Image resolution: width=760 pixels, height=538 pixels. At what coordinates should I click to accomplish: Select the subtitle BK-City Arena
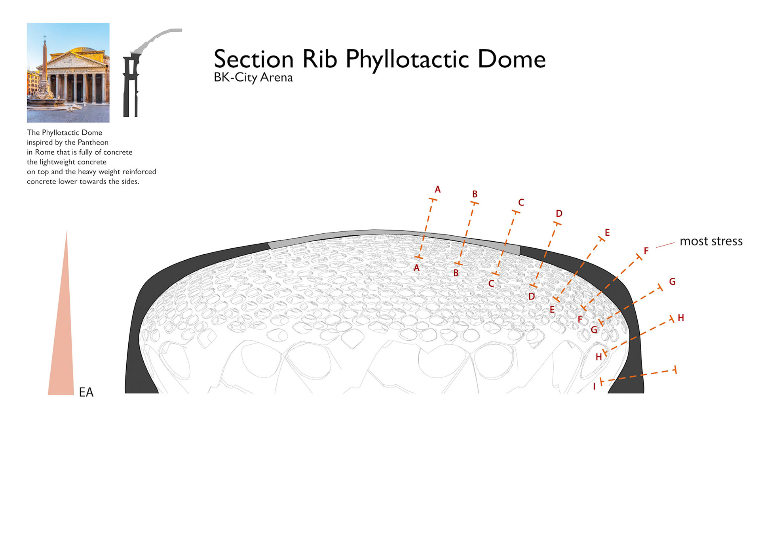click(x=253, y=77)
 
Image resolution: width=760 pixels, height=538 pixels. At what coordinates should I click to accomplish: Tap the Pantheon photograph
click(x=68, y=72)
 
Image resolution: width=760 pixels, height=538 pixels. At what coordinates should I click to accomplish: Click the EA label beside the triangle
click(x=86, y=392)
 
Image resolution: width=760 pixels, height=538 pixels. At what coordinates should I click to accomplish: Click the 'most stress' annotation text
click(x=711, y=241)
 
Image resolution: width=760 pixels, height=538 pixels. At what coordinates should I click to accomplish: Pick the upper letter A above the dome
click(x=437, y=189)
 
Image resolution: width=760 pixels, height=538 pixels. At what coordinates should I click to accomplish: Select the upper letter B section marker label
click(x=475, y=194)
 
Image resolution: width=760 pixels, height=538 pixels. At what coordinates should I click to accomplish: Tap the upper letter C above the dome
click(x=521, y=202)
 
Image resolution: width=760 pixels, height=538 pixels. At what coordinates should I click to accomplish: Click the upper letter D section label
click(x=559, y=214)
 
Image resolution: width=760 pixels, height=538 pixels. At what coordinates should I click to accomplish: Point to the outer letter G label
click(x=672, y=282)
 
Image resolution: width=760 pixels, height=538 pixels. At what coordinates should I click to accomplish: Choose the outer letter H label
click(x=681, y=318)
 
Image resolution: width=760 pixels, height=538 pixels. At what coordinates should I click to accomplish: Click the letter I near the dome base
click(x=594, y=387)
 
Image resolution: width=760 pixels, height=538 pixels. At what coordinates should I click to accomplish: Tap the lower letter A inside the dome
click(x=416, y=268)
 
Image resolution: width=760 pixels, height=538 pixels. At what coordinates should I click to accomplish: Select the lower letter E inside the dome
click(x=552, y=310)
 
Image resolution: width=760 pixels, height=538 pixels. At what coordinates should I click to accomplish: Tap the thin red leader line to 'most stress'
click(x=665, y=245)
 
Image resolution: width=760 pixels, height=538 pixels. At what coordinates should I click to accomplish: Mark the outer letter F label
click(x=646, y=251)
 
